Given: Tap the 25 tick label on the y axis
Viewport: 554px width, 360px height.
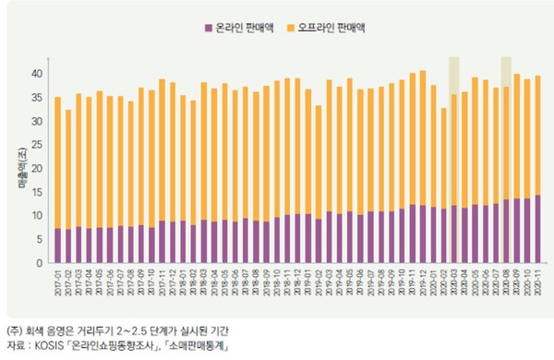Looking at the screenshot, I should (x=37, y=145).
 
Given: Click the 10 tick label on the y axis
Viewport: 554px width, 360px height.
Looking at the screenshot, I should (x=37, y=216).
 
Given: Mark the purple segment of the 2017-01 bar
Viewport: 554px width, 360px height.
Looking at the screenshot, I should (x=58, y=246).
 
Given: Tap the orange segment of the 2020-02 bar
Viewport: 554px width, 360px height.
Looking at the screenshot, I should (x=444, y=158).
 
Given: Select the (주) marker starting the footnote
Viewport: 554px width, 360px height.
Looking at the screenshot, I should (x=14, y=331).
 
